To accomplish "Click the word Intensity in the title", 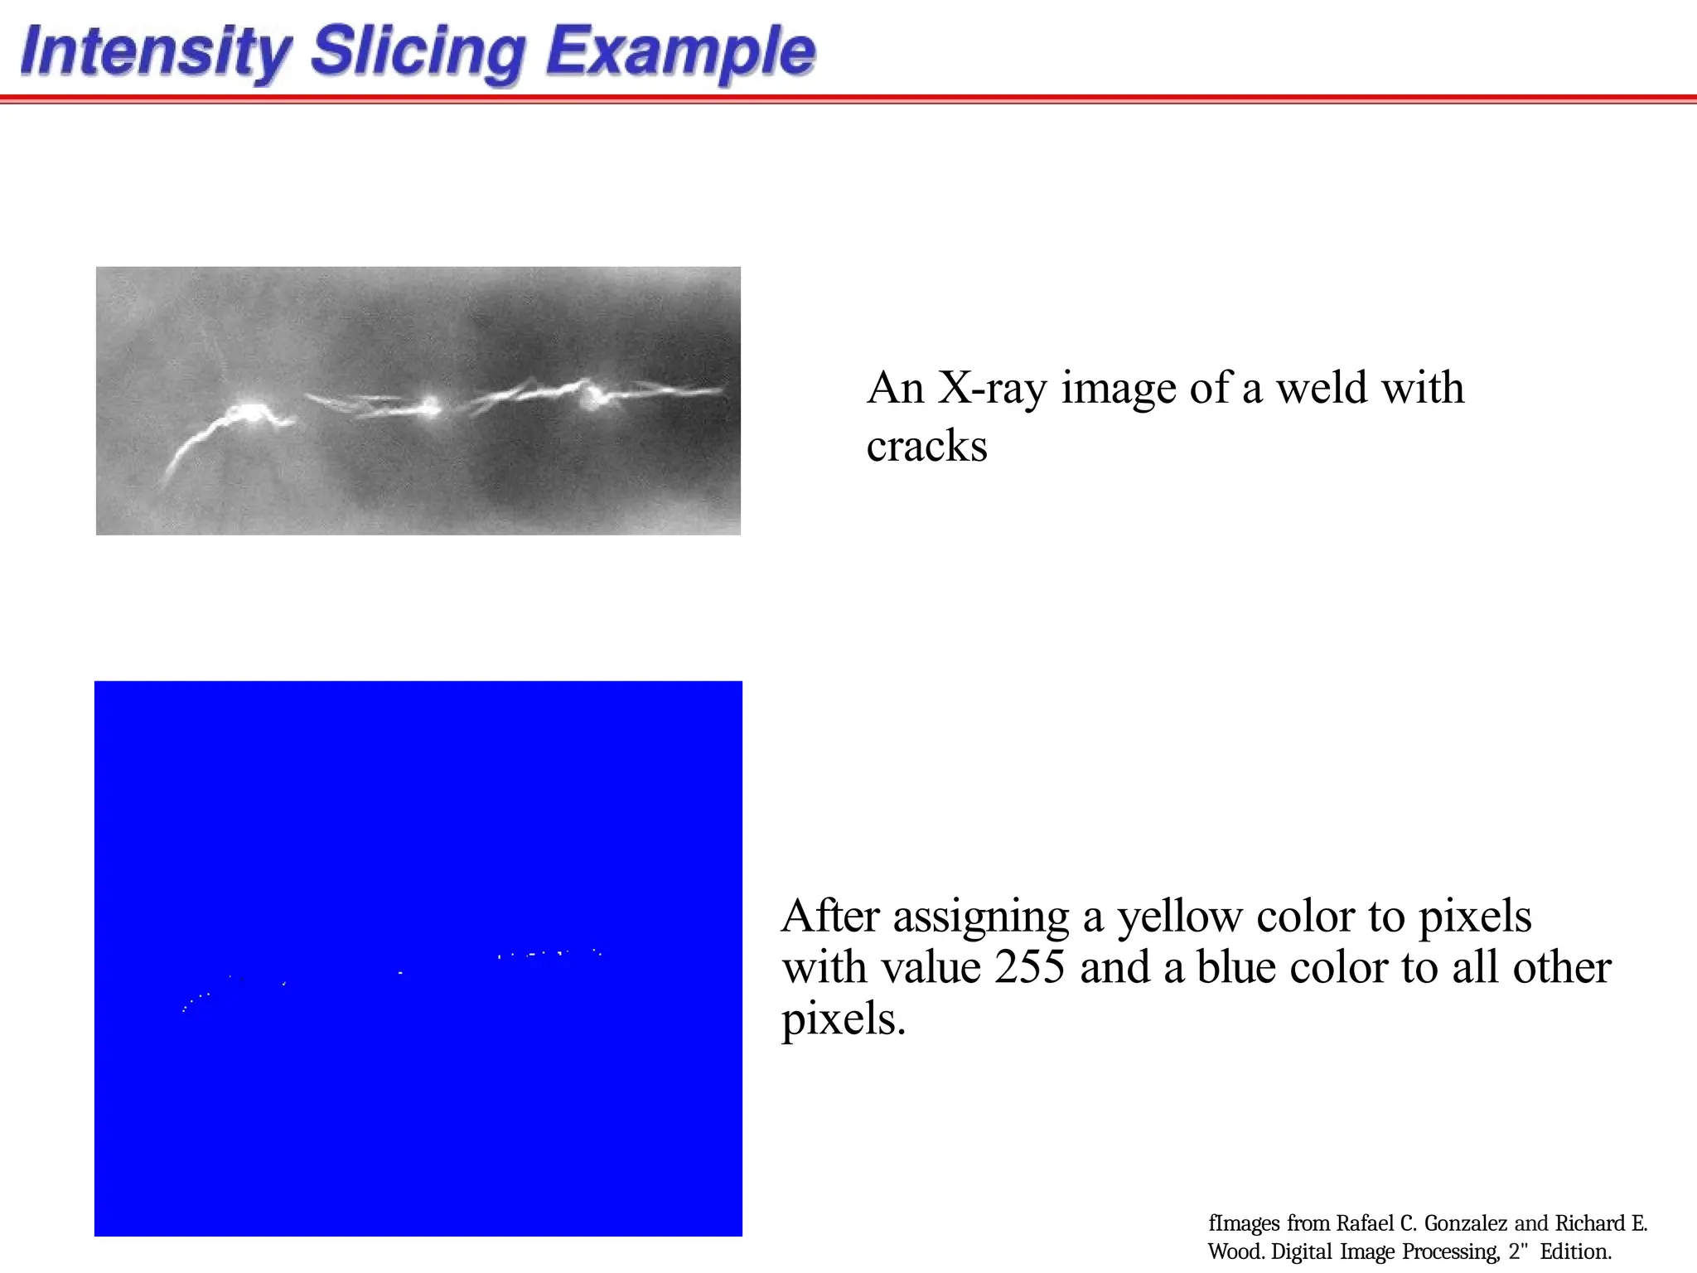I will [x=156, y=51].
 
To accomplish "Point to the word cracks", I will [x=926, y=447].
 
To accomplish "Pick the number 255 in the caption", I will [x=1029, y=967].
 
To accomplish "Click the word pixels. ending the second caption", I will [x=844, y=1019].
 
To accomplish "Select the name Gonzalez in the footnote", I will [x=1465, y=1224].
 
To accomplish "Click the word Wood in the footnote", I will [x=1235, y=1251].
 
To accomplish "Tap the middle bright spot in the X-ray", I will [x=431, y=405].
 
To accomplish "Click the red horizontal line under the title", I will [x=848, y=99].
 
